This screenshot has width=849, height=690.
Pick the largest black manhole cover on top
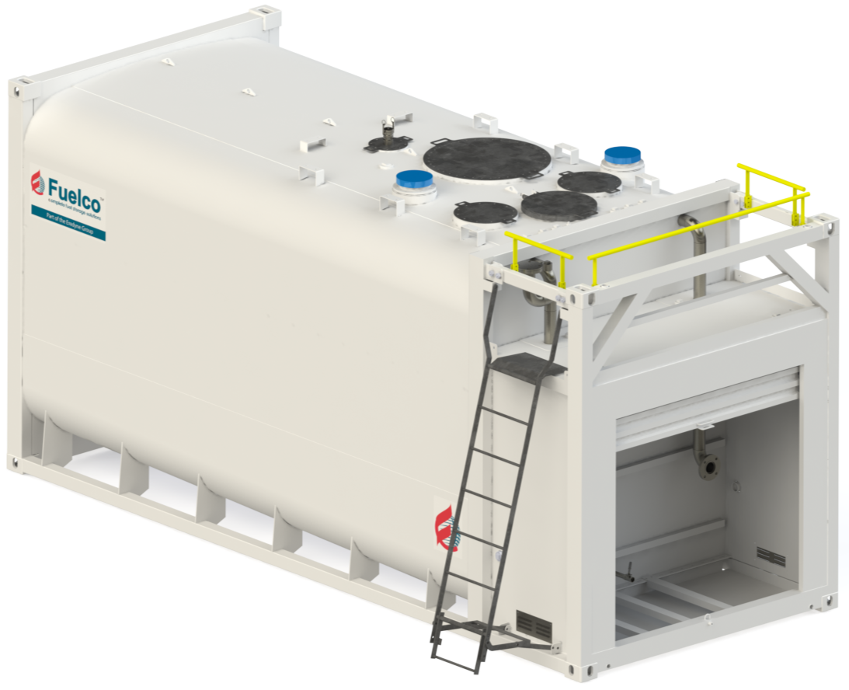[x=487, y=159]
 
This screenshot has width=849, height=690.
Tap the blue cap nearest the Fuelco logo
[x=415, y=183]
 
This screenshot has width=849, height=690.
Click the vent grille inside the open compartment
[x=770, y=556]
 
